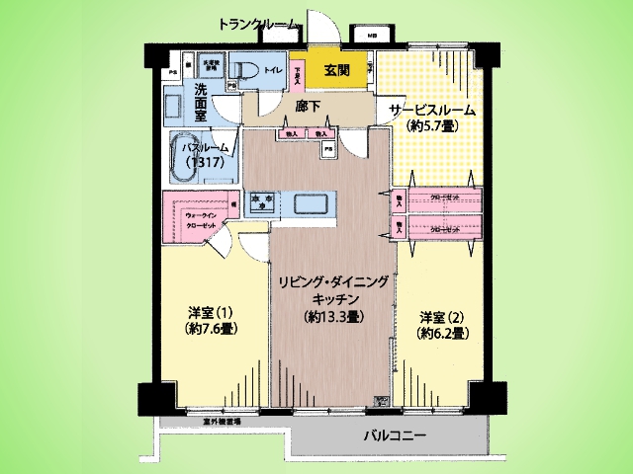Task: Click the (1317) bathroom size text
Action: click(209, 163)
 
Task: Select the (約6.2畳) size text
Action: click(442, 334)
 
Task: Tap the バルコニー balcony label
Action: click(395, 436)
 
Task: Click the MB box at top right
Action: click(372, 37)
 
